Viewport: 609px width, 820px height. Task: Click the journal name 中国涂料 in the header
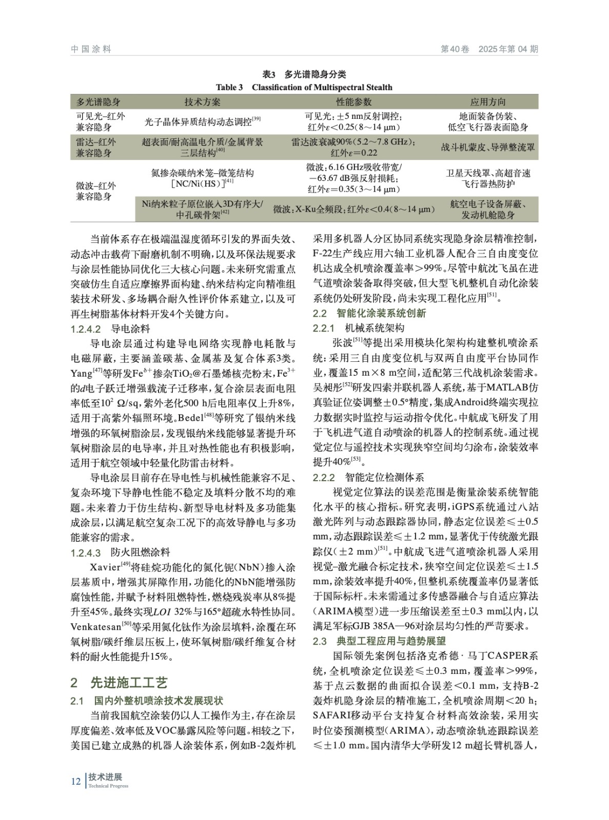tap(91, 49)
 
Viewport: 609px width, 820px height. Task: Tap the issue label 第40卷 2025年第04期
tap(489, 49)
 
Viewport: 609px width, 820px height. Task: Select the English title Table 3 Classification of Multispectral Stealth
tap(304, 87)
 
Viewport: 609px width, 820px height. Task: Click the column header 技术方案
tap(203, 102)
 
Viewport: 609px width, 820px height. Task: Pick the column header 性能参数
tap(353, 102)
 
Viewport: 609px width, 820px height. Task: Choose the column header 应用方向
tap(487, 102)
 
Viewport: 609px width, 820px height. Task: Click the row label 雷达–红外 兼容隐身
tap(96, 147)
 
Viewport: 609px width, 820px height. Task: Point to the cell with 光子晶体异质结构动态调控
tap(203, 122)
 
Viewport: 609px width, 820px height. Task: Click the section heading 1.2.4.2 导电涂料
tap(110, 329)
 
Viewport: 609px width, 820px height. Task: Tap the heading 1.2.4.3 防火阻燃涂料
tap(120, 552)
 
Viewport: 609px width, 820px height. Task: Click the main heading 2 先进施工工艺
tap(119, 683)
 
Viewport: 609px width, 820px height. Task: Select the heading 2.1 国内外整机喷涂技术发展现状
tap(147, 701)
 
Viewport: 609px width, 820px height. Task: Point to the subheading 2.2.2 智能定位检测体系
tap(368, 477)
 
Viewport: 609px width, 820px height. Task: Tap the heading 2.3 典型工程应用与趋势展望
tap(379, 641)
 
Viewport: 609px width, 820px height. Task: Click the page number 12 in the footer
tap(75, 781)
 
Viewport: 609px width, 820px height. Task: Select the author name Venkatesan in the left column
tap(95, 626)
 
